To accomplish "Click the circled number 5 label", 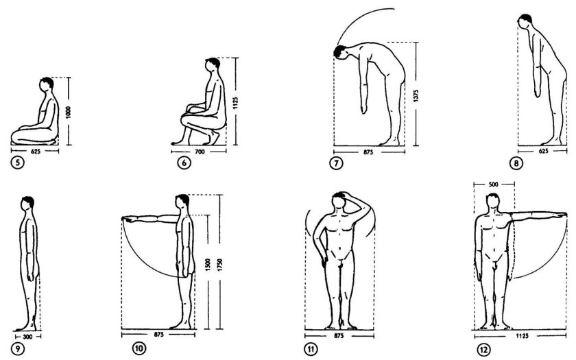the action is [17, 163].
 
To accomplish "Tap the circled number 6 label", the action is [184, 163].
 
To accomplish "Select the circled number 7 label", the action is [336, 163].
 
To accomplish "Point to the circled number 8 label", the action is [516, 163].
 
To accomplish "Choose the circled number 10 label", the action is [139, 348].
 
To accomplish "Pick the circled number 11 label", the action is [311, 349].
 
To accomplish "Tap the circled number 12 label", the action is [484, 349].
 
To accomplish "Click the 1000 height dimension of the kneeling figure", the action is [69, 112].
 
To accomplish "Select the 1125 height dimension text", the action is [235, 103].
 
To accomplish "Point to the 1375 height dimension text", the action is [416, 95].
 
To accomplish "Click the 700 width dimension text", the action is [199, 152].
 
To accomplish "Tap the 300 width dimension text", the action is [27, 337].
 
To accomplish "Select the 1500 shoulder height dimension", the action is [208, 265].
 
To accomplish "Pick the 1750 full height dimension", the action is [219, 265].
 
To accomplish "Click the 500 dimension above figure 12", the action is [493, 184].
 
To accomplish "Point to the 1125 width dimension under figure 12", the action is [522, 336].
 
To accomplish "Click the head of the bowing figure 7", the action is [341, 52].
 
